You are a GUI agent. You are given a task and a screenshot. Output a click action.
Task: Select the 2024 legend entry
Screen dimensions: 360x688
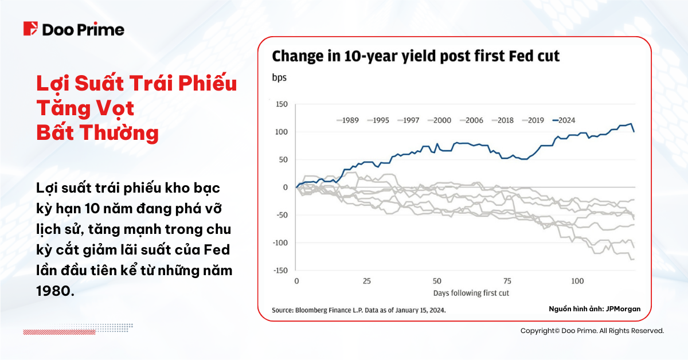click(x=565, y=120)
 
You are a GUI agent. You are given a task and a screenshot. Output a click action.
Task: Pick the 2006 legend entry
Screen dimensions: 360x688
click(x=474, y=120)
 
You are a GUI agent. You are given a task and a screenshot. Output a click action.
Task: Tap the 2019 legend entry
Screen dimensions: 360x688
click(x=534, y=120)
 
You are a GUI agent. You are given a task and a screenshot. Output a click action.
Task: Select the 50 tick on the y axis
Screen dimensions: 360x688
click(x=282, y=159)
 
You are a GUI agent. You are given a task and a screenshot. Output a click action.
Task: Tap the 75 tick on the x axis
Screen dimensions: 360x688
click(x=507, y=281)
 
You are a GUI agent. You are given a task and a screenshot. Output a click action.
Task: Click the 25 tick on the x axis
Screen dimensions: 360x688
click(x=366, y=281)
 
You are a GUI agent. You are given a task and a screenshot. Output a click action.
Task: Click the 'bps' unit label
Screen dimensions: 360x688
click(x=279, y=77)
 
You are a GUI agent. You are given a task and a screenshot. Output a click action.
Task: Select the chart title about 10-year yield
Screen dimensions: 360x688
click(x=415, y=56)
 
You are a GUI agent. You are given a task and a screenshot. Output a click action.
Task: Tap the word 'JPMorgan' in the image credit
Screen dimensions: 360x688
click(x=623, y=309)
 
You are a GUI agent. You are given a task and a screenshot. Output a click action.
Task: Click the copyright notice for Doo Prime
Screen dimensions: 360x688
click(x=592, y=331)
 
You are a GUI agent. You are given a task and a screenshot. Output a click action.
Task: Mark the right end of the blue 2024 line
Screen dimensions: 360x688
click(x=634, y=132)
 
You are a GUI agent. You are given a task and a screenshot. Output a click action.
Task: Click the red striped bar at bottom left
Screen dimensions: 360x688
click(x=54, y=332)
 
